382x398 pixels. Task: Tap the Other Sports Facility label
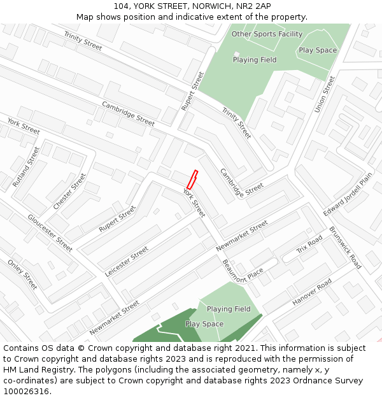coord(267,34)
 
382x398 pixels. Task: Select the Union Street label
coord(324,95)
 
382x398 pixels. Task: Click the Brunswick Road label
coord(345,248)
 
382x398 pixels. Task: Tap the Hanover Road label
coord(312,291)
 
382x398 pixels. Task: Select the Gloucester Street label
coord(50,232)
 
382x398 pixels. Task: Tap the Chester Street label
coord(69,191)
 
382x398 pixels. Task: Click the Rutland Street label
coord(26,167)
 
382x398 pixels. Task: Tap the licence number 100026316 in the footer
coord(25,391)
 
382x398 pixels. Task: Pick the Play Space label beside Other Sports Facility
coord(318,50)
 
